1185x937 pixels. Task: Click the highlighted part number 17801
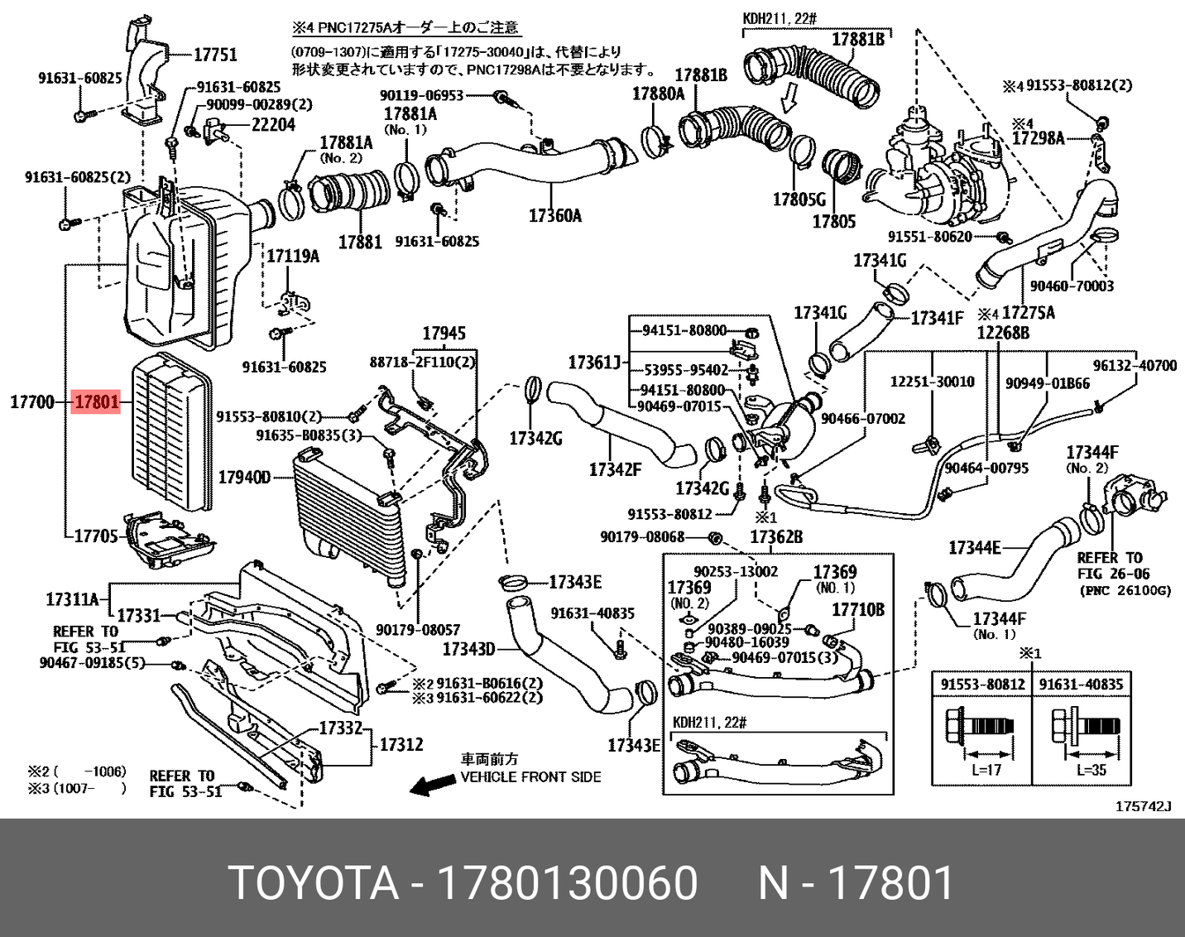point(97,402)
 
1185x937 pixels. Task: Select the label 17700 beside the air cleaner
point(31,402)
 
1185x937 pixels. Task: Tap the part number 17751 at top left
point(215,55)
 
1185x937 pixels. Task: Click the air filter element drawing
point(170,431)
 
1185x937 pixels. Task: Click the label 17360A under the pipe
point(554,216)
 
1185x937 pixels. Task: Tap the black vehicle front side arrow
point(432,786)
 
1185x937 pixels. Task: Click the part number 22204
point(272,125)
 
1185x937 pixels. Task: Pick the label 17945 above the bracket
point(444,334)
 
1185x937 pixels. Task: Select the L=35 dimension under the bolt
point(1092,769)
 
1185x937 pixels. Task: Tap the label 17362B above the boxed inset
point(775,537)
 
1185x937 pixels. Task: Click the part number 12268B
point(1003,333)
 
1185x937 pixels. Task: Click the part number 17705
point(96,536)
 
